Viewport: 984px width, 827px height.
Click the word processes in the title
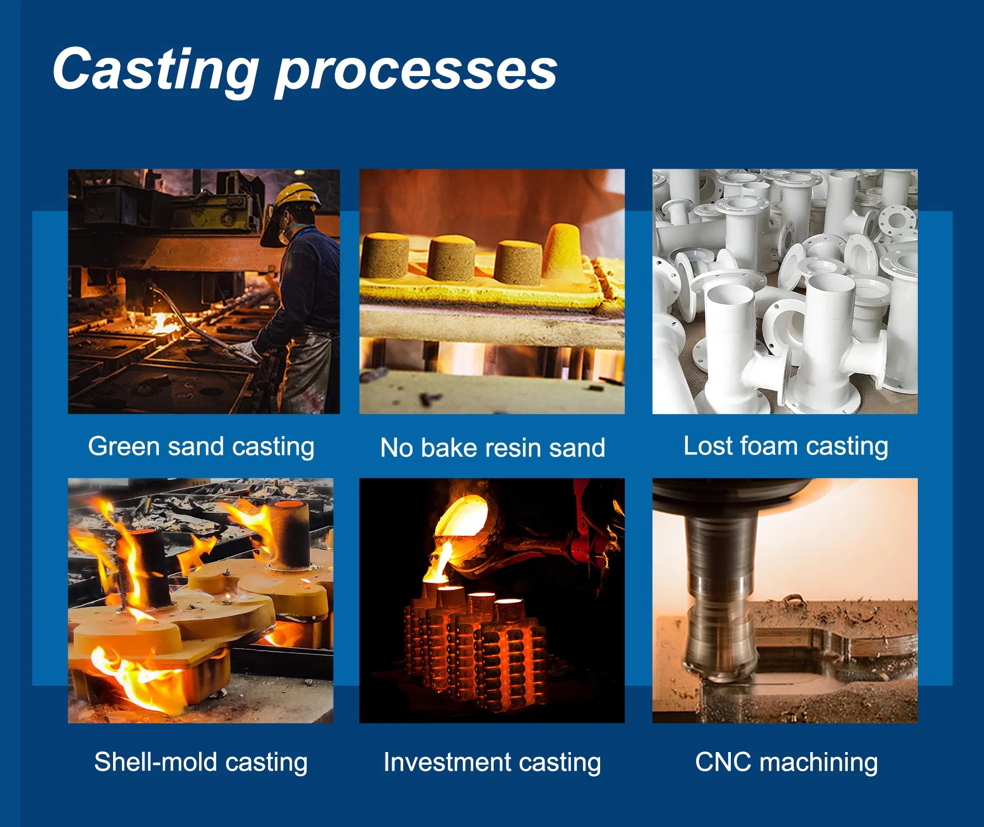(x=416, y=72)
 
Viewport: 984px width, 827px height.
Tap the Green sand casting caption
(x=201, y=447)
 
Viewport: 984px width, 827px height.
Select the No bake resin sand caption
(x=493, y=448)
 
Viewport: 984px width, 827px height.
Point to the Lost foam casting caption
(x=785, y=446)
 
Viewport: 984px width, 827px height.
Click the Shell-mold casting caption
(x=201, y=762)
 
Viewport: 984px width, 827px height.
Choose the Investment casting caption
(x=492, y=762)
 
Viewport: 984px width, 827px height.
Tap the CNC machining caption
(x=786, y=762)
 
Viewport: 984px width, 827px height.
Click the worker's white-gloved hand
(x=243, y=350)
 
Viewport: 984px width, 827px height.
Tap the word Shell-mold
(x=156, y=762)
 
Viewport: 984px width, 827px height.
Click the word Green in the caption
(x=124, y=447)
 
